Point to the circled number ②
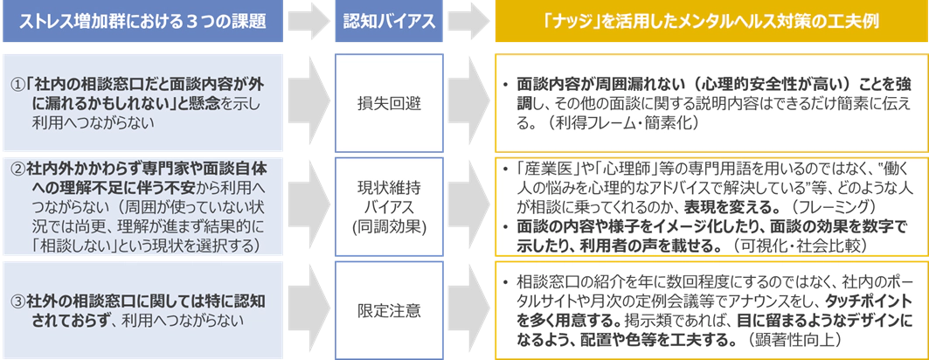[17, 166]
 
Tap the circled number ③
[17, 301]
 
